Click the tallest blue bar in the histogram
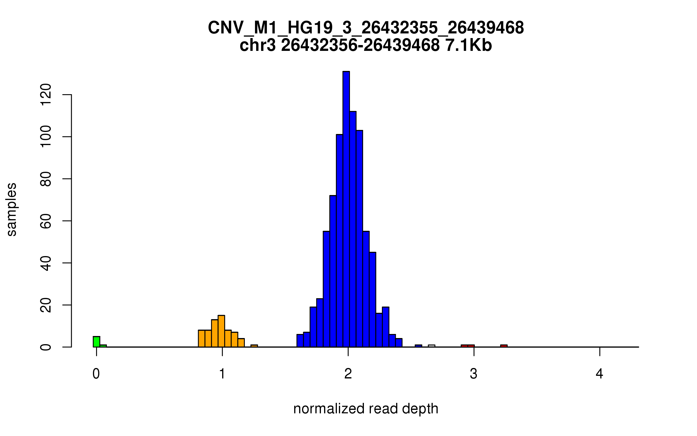346,209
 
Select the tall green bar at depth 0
96,342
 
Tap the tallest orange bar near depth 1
221,331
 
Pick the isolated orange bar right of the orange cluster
254,346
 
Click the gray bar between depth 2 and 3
432,346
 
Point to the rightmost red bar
504,346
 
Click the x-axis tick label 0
96,374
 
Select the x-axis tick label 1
222,374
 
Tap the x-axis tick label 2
348,374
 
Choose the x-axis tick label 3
474,374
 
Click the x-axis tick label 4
599,374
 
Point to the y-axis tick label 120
46,95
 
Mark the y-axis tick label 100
46,137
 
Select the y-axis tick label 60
46,221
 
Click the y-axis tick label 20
46,305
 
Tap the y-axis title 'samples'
12,209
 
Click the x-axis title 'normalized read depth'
366,409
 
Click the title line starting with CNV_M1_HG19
366,28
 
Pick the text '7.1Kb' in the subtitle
468,45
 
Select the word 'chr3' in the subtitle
258,45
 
